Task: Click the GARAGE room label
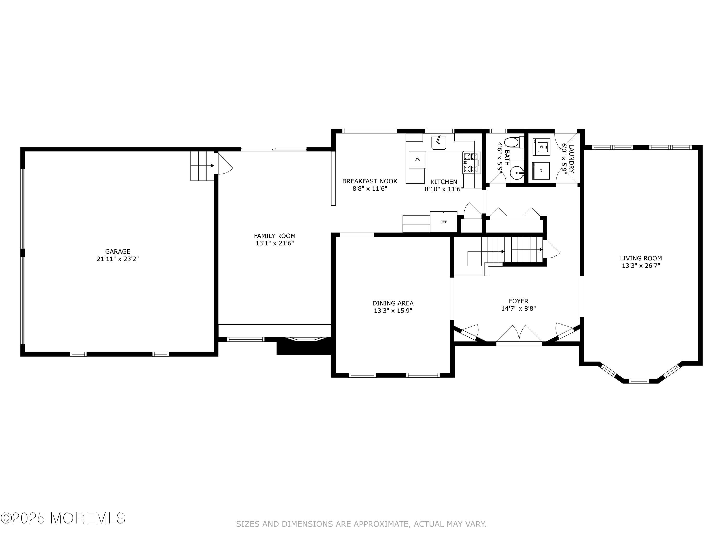pyautogui.click(x=118, y=251)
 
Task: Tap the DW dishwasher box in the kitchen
pyautogui.click(x=417, y=159)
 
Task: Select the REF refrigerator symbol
pyautogui.click(x=443, y=222)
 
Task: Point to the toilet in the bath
pyautogui.click(x=512, y=143)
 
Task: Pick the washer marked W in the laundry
pyautogui.click(x=541, y=147)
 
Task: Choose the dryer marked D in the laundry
pyautogui.click(x=541, y=171)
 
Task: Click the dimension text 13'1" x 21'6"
pyautogui.click(x=274, y=243)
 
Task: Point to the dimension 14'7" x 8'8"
pyautogui.click(x=518, y=308)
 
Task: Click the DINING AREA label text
pyautogui.click(x=393, y=303)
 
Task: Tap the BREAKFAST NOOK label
pyautogui.click(x=370, y=181)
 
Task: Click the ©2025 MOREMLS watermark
pyautogui.click(x=63, y=518)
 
